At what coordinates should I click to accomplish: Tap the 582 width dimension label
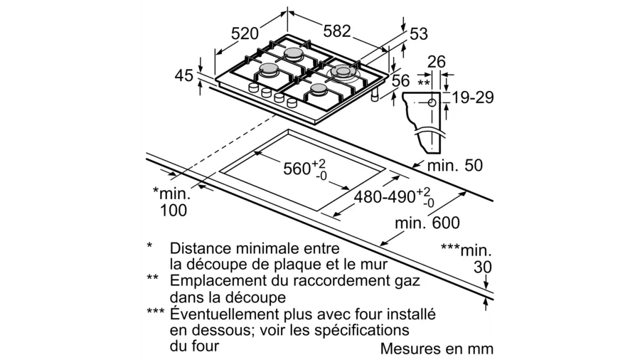coord(337,31)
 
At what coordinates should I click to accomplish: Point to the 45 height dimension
coord(184,75)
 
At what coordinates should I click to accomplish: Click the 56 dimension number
coord(401,81)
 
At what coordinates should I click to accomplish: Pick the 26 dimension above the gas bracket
coord(436,62)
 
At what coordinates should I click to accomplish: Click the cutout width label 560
coord(298,169)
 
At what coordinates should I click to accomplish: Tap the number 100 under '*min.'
coord(174,210)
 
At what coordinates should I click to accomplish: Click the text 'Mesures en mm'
coord(437,349)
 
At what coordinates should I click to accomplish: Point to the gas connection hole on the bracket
coord(432,103)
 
